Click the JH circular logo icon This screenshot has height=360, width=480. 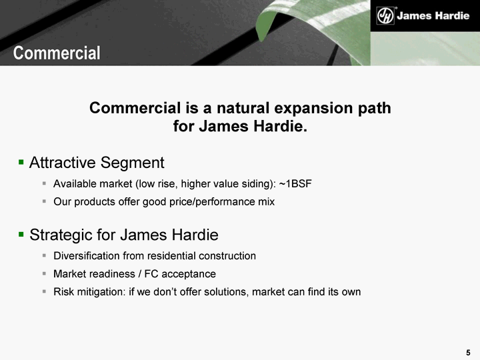tap(385, 15)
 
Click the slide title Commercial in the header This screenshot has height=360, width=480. tap(57, 53)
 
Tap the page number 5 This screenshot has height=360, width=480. tap(468, 353)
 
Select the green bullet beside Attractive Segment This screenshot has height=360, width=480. tap(21, 161)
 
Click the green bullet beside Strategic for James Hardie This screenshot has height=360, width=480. tap(21, 235)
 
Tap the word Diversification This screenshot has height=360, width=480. tap(87, 255)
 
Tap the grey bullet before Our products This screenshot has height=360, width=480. tap(44, 201)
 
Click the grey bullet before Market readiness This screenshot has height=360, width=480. tap(44, 273)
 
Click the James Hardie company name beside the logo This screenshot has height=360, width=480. tap(433, 15)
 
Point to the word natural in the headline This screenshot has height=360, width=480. tap(243, 108)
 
